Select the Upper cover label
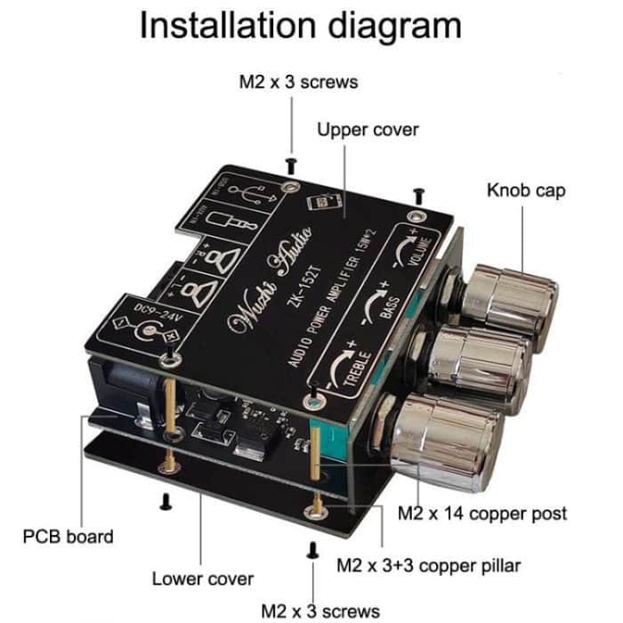pyautogui.click(x=368, y=130)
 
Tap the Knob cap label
pyautogui.click(x=525, y=190)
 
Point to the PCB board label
pyautogui.click(x=68, y=537)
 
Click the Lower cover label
pyautogui.click(x=202, y=578)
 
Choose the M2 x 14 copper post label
pyautogui.click(x=481, y=514)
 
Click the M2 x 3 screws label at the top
pyautogui.click(x=298, y=82)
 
